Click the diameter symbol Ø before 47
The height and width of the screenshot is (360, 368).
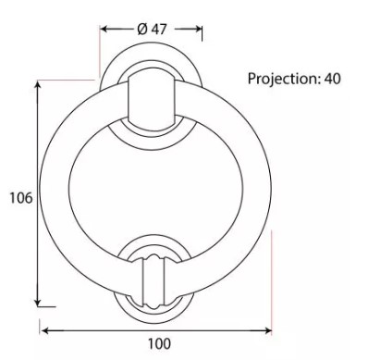coord(142,29)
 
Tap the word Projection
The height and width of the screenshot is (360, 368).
coord(282,79)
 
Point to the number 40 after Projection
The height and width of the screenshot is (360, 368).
coord(332,79)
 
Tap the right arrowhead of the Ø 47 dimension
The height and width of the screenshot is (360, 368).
coord(199,29)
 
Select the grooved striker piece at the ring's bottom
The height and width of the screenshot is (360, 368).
coord(150,276)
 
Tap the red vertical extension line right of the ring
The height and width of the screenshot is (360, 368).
coord(272,278)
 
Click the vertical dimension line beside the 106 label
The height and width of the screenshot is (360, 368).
coord(38,148)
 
